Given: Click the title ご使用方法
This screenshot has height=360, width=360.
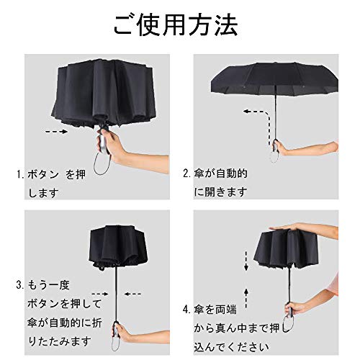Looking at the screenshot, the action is click(x=176, y=26).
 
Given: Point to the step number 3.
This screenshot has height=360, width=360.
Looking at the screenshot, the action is click(x=19, y=285).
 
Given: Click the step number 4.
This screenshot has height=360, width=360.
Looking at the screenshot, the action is click(x=186, y=310).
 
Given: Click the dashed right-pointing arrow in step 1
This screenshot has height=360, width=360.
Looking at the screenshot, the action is click(x=57, y=132).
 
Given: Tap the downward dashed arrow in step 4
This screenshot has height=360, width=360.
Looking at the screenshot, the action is click(x=246, y=261).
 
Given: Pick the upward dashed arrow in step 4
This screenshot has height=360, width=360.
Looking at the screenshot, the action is click(x=246, y=298).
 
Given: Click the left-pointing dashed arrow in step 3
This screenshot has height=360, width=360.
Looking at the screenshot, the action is click(x=132, y=294).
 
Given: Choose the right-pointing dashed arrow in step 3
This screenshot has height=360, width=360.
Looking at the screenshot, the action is click(x=100, y=294).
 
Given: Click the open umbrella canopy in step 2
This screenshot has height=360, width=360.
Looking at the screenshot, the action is click(x=274, y=78).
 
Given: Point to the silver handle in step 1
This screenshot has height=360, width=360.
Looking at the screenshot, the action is click(x=104, y=145).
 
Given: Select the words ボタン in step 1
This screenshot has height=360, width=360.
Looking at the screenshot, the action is click(x=43, y=174).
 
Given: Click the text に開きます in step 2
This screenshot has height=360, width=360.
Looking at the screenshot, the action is click(x=220, y=192).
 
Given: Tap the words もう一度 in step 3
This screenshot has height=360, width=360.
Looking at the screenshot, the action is click(x=49, y=285).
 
